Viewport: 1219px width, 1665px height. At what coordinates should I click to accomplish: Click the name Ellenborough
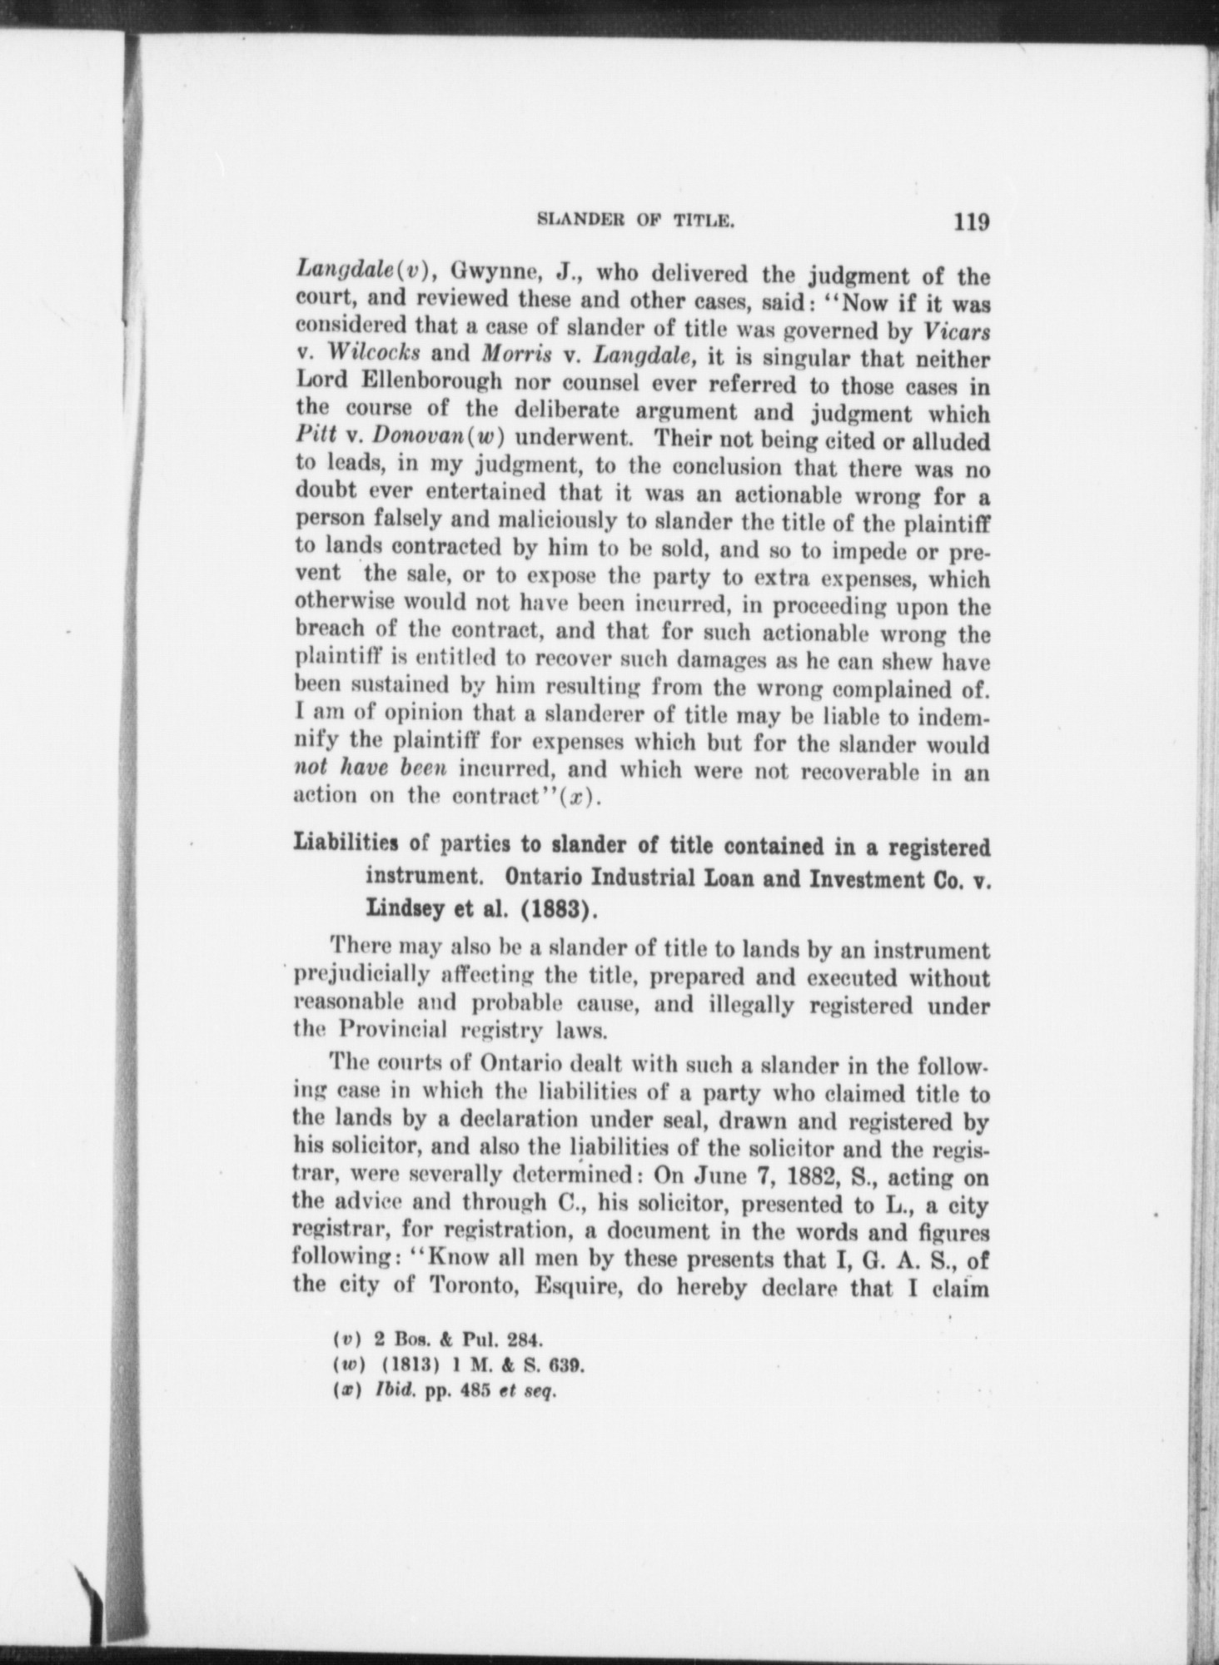click(433, 385)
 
